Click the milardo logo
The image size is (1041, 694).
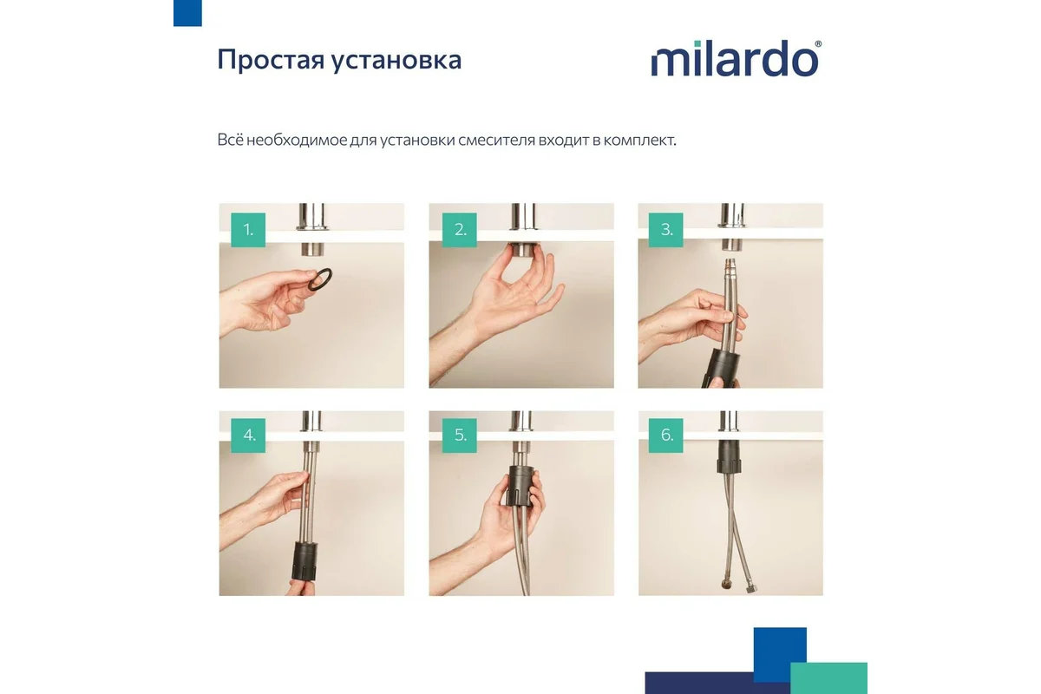click(736, 59)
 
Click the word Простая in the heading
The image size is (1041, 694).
click(270, 60)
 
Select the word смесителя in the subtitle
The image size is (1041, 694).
click(496, 140)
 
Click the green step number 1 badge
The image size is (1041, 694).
click(248, 230)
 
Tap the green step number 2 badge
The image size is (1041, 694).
click(459, 230)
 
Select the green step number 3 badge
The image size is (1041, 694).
click(666, 230)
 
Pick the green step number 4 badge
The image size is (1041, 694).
click(248, 435)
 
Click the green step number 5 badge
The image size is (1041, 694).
click(459, 435)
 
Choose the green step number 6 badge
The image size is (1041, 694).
click(666, 435)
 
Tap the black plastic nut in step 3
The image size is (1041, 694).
click(721, 369)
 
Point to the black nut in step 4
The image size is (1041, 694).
click(304, 560)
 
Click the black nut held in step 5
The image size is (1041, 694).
click(520, 485)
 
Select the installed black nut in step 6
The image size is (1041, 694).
click(730, 456)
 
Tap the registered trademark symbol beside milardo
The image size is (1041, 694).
click(818, 43)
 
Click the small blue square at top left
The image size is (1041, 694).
click(187, 13)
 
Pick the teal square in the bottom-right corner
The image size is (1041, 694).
click(829, 678)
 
